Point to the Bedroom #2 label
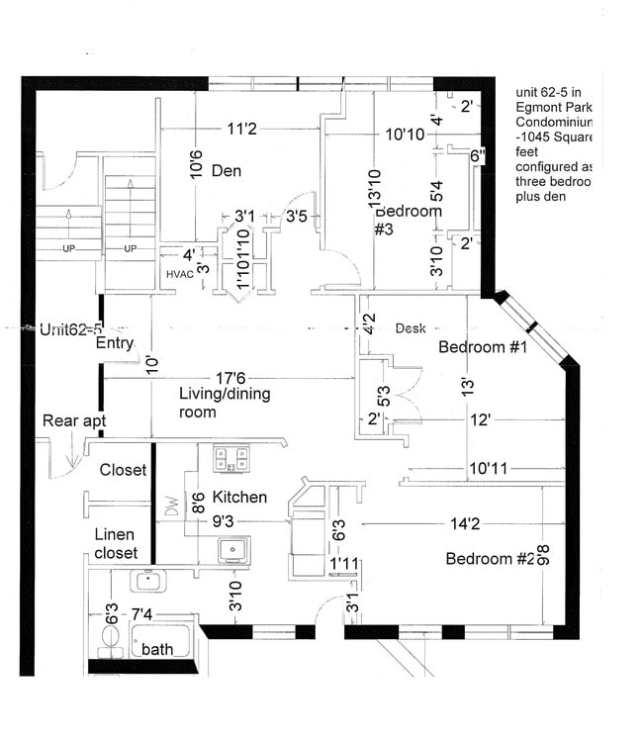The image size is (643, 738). tap(491, 559)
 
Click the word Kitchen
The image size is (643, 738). tap(239, 497)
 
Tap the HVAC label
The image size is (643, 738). tap(179, 273)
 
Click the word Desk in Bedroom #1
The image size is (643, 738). tap(411, 327)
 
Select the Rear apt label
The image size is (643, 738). tap(73, 420)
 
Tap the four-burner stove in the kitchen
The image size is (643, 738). tap(231, 458)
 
